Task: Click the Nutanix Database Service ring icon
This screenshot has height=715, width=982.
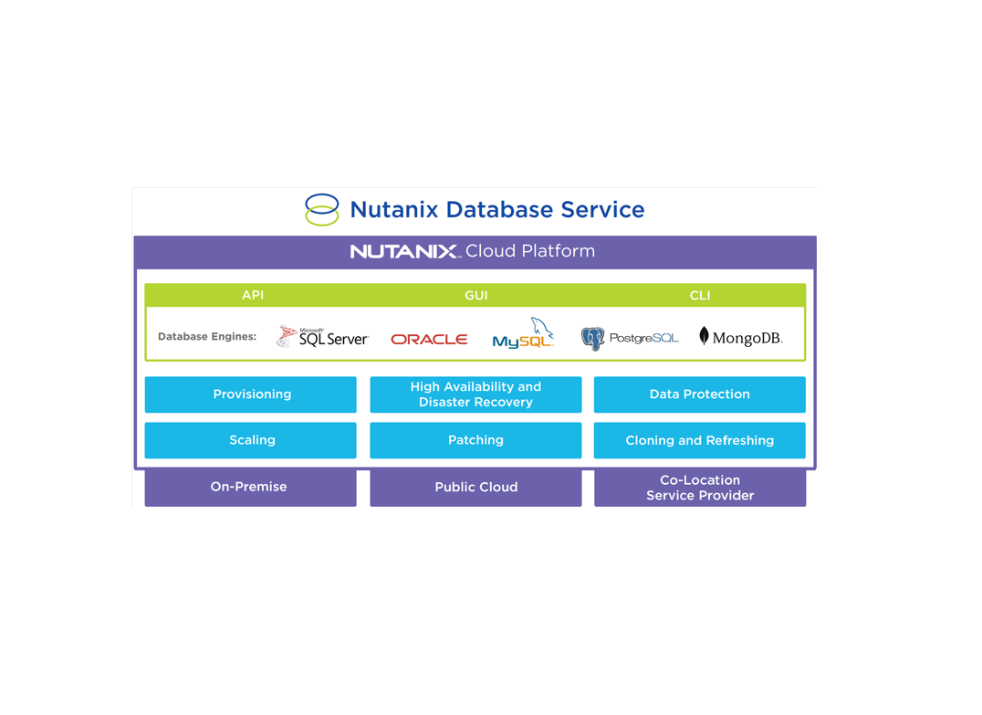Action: click(321, 209)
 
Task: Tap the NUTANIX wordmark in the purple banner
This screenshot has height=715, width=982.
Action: click(404, 251)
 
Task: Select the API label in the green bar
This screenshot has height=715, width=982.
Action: click(253, 295)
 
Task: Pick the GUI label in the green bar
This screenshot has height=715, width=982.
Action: click(475, 295)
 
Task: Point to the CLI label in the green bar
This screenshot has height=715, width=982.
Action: click(700, 295)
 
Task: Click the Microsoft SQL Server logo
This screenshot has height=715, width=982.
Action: click(322, 337)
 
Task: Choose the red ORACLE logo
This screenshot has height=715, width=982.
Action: click(429, 339)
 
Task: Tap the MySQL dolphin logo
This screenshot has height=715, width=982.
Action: click(524, 334)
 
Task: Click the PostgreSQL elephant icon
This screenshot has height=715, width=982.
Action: click(593, 339)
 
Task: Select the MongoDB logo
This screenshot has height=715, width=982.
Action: click(740, 337)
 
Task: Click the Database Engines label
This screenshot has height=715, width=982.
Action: click(207, 337)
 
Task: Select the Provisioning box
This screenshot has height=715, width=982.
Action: click(251, 394)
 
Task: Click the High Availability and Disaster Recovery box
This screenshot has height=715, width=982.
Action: click(475, 394)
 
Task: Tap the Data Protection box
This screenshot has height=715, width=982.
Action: click(699, 394)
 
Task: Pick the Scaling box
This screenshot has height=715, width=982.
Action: click(251, 440)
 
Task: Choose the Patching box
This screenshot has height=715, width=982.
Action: click(475, 440)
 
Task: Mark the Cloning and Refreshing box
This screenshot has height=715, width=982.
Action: click(699, 440)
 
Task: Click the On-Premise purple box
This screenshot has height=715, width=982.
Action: click(250, 488)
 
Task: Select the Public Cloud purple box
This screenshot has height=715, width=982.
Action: click(475, 488)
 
